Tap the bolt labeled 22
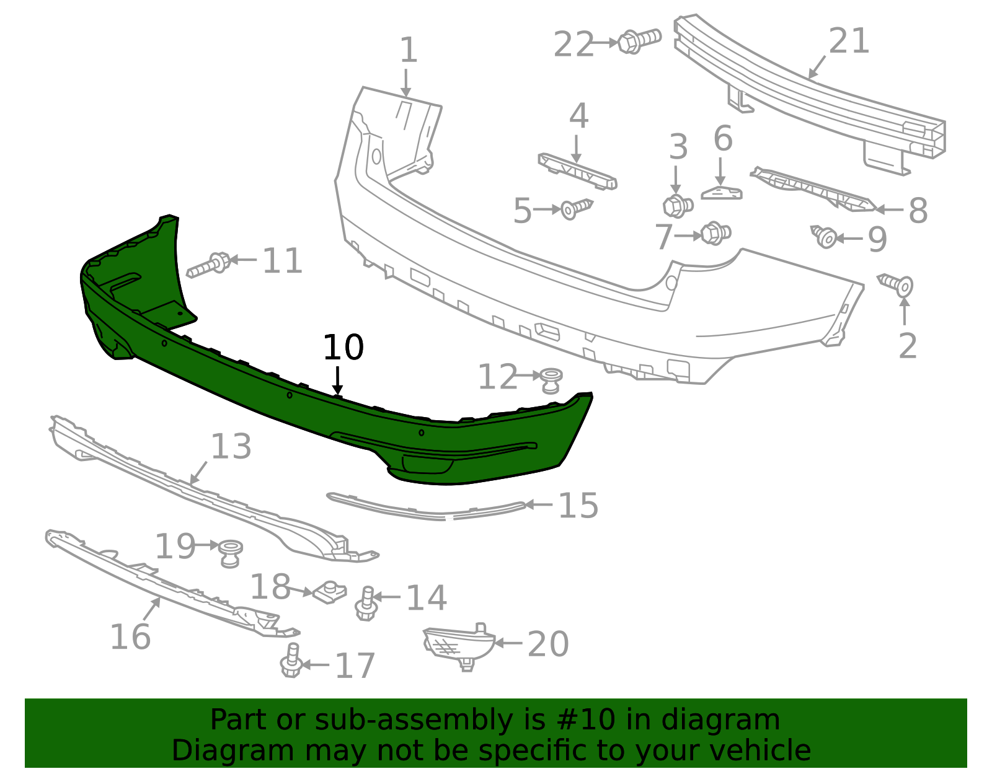tap(639, 41)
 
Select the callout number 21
tap(849, 41)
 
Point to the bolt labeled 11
tap(210, 265)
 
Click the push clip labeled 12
tap(551, 379)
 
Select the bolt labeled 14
tap(366, 603)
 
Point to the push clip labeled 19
tap(231, 552)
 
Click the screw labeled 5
tap(576, 208)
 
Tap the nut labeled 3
tap(678, 205)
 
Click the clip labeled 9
tap(825, 237)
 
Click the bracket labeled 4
tap(577, 170)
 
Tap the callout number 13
tap(231, 446)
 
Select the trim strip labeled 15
tap(428, 509)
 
